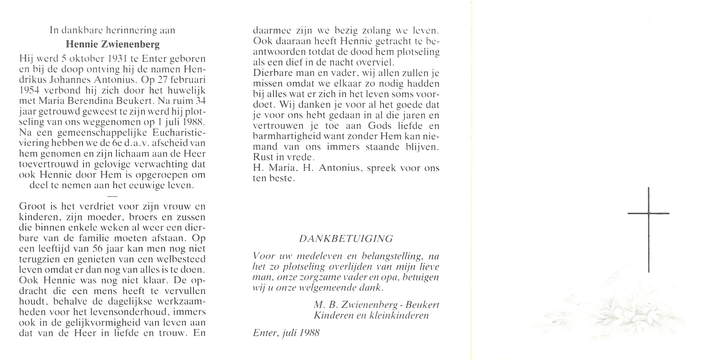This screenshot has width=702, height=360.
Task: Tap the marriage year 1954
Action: [x=29, y=90]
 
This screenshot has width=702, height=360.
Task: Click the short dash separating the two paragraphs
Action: [x=112, y=196]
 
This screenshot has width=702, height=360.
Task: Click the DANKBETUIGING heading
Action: [x=346, y=239]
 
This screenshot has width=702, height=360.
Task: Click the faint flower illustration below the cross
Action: [x=612, y=315]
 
